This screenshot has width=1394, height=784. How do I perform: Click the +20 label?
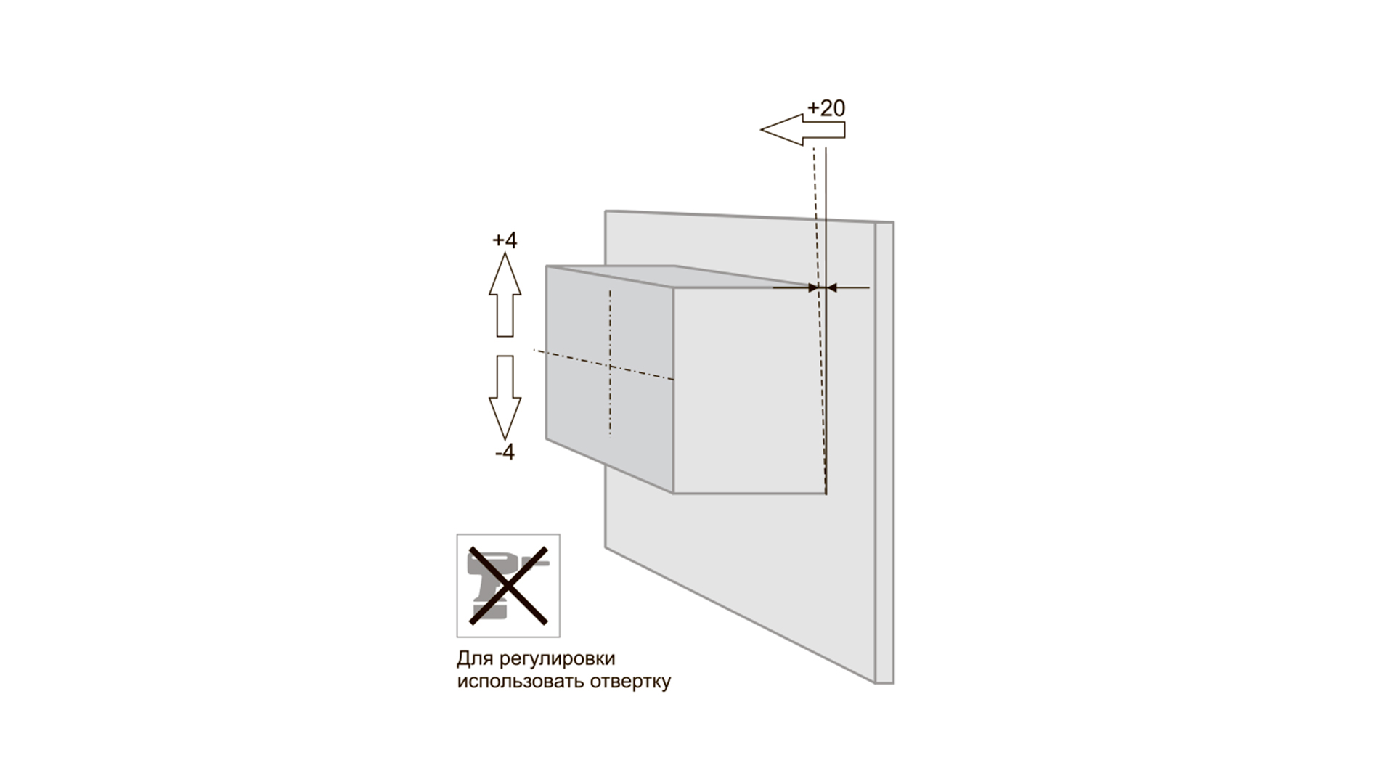826,108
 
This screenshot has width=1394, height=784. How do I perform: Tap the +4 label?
505,240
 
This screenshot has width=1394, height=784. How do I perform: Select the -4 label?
505,452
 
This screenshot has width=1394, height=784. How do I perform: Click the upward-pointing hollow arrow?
505,294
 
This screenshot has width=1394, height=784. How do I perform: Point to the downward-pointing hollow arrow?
505,397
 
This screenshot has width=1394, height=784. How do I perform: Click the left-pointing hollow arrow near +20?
803,130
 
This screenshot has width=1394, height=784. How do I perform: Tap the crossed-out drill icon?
508,586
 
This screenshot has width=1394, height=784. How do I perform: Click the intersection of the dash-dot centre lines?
610,367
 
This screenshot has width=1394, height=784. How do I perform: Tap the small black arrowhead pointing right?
812,288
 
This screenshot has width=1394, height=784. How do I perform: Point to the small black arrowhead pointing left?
832,288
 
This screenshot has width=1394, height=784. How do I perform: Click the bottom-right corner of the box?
826,494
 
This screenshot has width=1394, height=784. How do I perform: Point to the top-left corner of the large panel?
606,211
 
